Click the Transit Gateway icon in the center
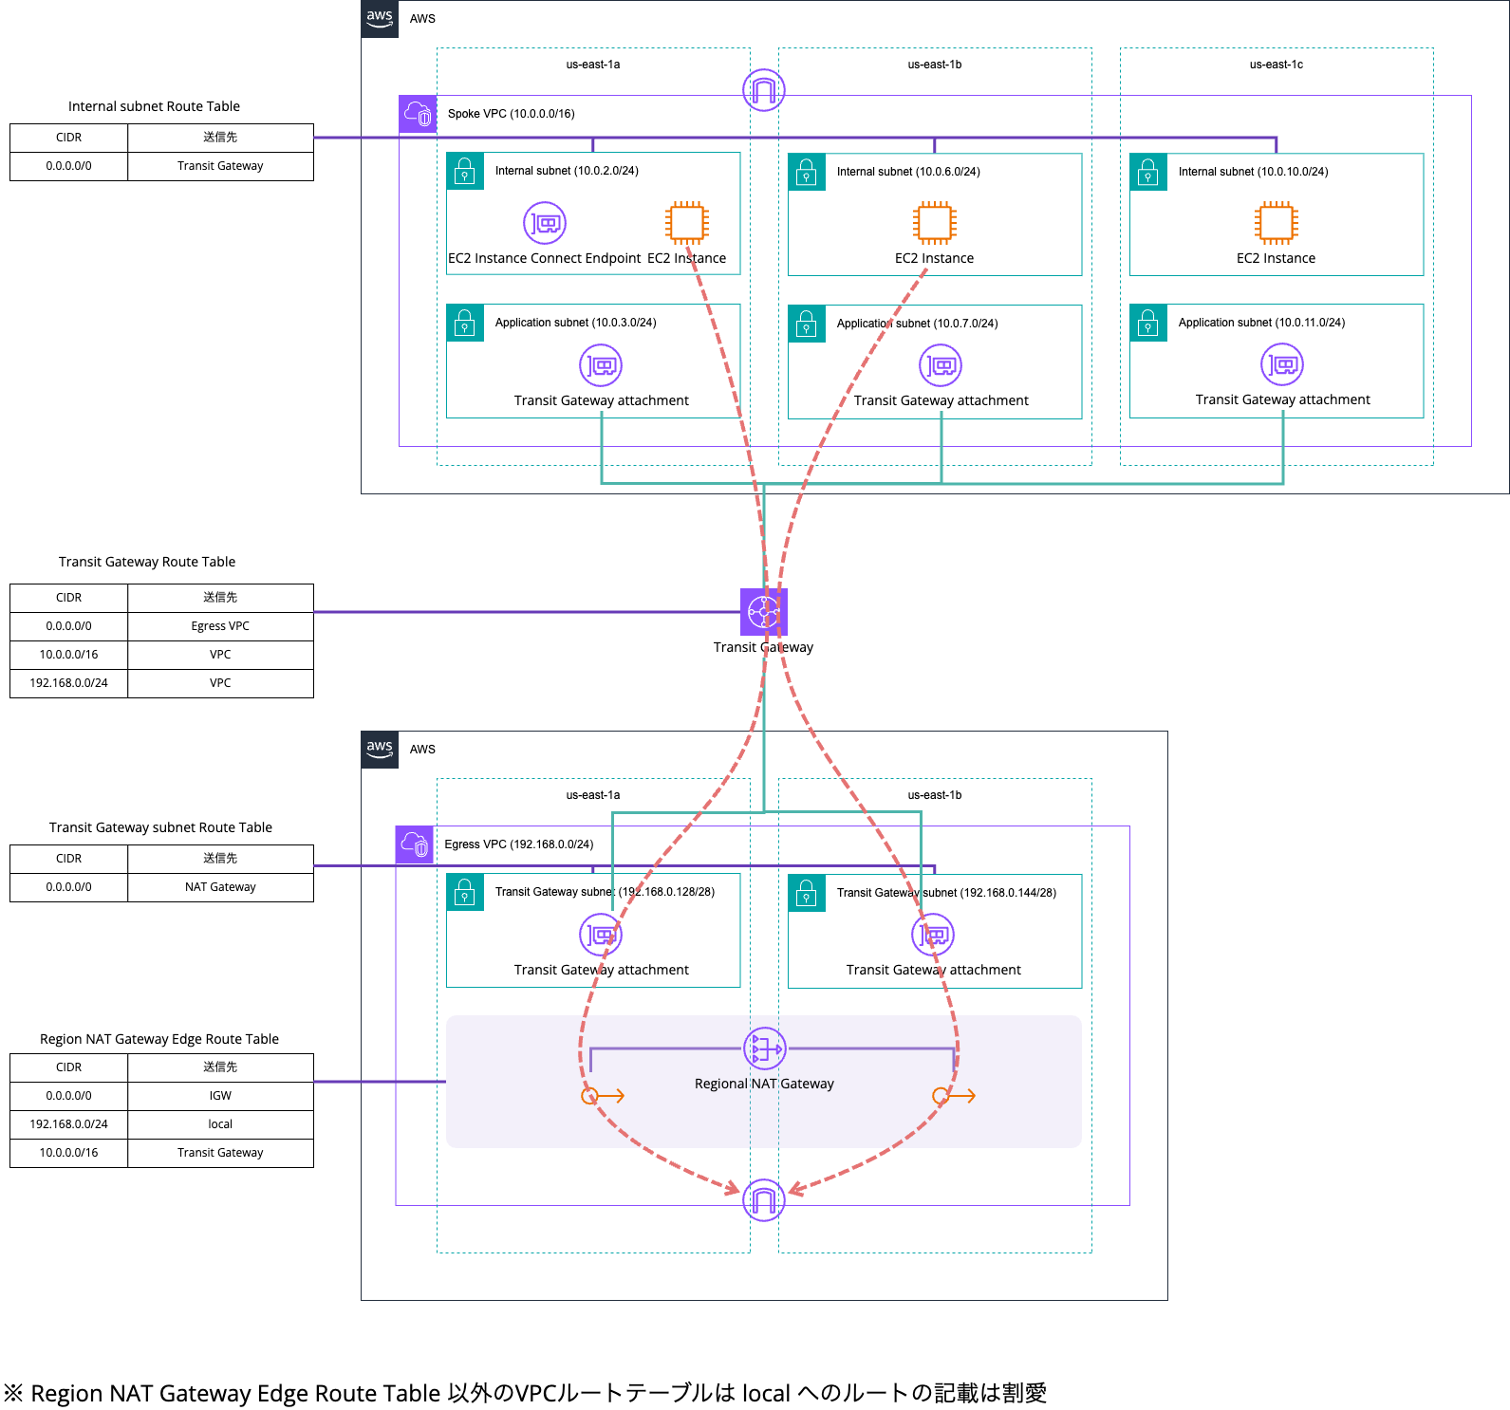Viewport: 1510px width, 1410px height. [x=764, y=612]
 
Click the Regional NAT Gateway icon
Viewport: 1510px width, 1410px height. [x=764, y=1048]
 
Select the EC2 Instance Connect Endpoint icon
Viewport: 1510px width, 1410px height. [x=545, y=223]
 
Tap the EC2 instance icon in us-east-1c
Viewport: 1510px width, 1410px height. [x=1277, y=223]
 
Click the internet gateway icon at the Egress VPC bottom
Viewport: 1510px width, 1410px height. [x=764, y=1200]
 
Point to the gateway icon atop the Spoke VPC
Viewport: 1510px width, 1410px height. [x=764, y=90]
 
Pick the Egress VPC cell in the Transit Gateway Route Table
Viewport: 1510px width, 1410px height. [x=220, y=626]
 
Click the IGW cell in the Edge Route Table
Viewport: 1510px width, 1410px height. [x=220, y=1096]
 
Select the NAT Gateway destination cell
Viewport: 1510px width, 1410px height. [x=220, y=887]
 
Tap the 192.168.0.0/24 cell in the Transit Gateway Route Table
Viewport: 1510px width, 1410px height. [x=68, y=683]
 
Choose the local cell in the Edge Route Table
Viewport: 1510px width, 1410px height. [x=220, y=1124]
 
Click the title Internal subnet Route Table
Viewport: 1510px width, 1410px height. [x=154, y=106]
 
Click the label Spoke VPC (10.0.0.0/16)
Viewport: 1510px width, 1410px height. [x=511, y=114]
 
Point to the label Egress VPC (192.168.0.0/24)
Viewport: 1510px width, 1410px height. [x=518, y=844]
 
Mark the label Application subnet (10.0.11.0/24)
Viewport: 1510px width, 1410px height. [x=1261, y=323]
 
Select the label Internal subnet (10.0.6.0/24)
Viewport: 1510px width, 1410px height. [x=908, y=172]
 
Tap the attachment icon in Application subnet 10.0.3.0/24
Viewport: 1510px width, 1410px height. [x=601, y=365]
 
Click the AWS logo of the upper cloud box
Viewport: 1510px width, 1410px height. [x=380, y=19]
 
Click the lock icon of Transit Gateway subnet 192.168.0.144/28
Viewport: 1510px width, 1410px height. [x=807, y=893]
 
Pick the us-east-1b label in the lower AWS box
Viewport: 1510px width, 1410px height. [x=935, y=795]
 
